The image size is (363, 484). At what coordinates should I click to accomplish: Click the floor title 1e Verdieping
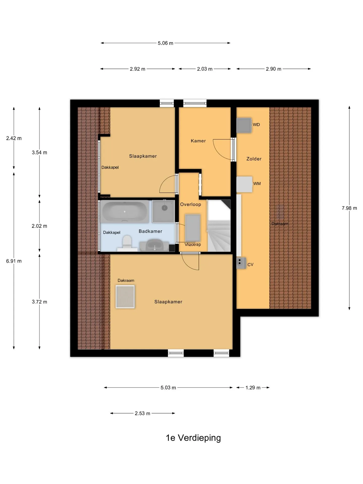point(193,438)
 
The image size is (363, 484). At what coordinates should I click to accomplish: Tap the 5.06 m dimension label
point(166,43)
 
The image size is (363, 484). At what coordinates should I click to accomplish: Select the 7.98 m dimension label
point(349,208)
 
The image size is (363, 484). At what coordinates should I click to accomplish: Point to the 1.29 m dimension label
point(253,387)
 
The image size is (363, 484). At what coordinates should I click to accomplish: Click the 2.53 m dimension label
point(142,413)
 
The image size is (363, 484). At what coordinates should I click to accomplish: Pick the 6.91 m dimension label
point(14,261)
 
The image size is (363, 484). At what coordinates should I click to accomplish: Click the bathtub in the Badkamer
point(125,212)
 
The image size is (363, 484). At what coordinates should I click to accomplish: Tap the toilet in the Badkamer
point(127,243)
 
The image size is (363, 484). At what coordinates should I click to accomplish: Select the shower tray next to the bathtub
point(164,211)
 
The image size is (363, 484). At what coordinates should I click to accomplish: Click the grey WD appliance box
point(244,125)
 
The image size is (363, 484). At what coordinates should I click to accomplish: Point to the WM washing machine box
point(244,184)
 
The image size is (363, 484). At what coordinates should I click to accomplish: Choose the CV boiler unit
point(241,263)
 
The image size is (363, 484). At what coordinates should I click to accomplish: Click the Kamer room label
point(198,141)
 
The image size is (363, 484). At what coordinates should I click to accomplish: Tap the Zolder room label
point(254,159)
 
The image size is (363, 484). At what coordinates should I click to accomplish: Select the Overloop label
point(191,204)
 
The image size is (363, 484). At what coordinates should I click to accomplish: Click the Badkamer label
point(150,231)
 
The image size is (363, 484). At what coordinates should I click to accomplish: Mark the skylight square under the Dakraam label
point(125,297)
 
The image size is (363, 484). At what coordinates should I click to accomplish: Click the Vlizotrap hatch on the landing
point(193,228)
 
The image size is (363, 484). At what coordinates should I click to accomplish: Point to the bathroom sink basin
point(154,245)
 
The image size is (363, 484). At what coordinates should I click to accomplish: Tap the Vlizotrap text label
point(193,245)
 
